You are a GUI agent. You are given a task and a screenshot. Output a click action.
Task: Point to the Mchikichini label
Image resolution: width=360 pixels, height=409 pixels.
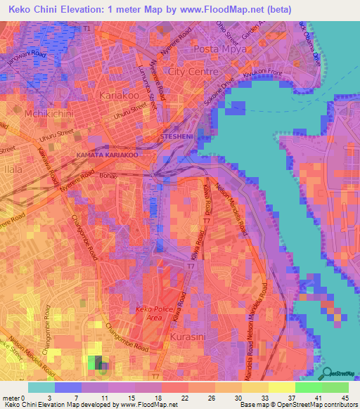[x=26, y=113]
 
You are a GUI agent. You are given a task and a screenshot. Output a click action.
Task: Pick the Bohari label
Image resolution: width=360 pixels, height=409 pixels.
[x=108, y=174]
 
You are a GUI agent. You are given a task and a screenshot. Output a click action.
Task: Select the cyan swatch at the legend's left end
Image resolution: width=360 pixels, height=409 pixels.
[x=41, y=387]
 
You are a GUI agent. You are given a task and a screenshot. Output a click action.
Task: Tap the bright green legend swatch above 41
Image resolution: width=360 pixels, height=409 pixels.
[x=308, y=387]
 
